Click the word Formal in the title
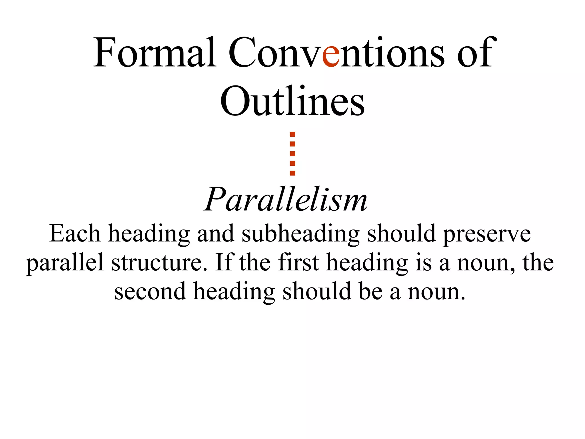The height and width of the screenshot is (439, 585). click(155, 53)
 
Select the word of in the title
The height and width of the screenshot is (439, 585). click(474, 53)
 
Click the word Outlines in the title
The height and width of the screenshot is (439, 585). click(292, 101)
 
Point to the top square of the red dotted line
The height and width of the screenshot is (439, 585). click(292, 134)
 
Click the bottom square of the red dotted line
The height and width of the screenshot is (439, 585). click(292, 173)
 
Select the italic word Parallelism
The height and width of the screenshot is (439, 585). click(286, 199)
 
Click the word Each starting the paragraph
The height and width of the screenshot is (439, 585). click(75, 234)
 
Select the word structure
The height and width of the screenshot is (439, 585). click(159, 262)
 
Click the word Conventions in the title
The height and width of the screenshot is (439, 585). click(336, 53)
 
